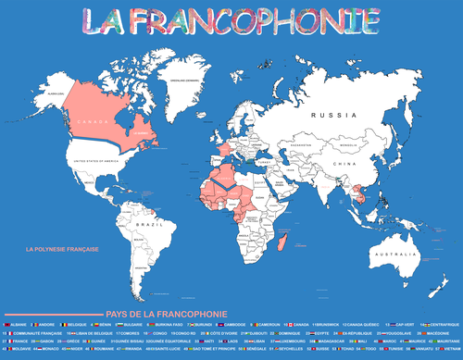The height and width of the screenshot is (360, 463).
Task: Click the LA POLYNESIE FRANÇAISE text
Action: point(61,249)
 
